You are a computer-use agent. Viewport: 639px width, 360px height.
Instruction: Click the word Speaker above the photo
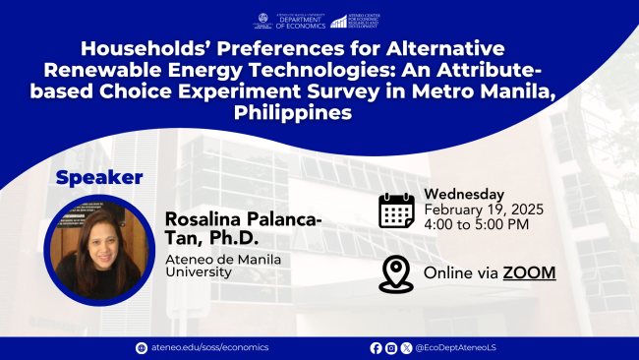pyautogui.click(x=100, y=178)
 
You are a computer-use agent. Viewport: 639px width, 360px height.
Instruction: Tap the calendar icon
pyautogui.click(x=395, y=210)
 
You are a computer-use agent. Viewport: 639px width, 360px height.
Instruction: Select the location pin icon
pyautogui.click(x=395, y=271)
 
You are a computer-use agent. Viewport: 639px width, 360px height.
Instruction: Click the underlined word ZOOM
pyautogui.click(x=529, y=271)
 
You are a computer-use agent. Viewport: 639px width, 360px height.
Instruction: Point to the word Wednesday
pyautogui.click(x=464, y=194)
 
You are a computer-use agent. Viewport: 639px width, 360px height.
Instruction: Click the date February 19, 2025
pyautogui.click(x=483, y=210)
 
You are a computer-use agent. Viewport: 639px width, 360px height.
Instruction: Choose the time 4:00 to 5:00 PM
pyautogui.click(x=476, y=225)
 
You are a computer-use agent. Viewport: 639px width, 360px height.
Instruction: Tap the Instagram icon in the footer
pyautogui.click(x=391, y=348)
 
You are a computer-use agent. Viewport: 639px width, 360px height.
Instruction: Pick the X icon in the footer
pyautogui.click(x=406, y=348)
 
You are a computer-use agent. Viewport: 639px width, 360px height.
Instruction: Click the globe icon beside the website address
pyautogui.click(x=141, y=348)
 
